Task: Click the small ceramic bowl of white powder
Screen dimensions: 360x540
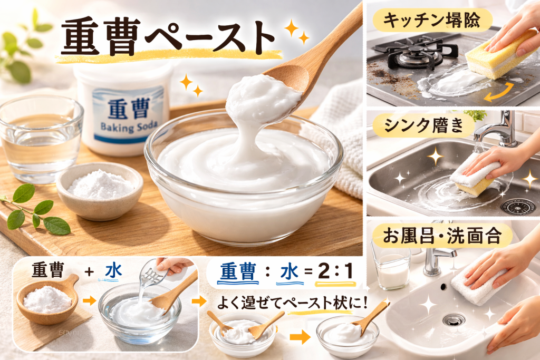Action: (99, 187)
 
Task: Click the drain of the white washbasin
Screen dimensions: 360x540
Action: (453, 319)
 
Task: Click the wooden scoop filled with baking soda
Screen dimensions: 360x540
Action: (47, 298)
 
